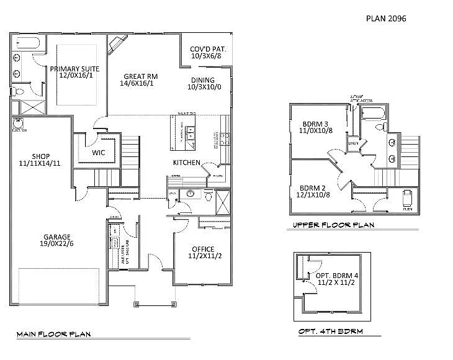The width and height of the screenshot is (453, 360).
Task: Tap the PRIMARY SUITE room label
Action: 71,71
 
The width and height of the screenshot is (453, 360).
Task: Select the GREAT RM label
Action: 141,79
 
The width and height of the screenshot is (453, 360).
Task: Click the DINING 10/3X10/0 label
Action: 203,84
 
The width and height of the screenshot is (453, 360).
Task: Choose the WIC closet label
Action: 99,152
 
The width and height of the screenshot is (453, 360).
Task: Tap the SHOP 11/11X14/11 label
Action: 40,160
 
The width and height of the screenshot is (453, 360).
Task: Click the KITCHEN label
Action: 186,163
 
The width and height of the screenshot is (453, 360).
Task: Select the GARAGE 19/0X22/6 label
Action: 56,240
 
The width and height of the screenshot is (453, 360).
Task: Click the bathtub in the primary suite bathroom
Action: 26,43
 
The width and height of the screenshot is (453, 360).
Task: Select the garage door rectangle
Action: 59,287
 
